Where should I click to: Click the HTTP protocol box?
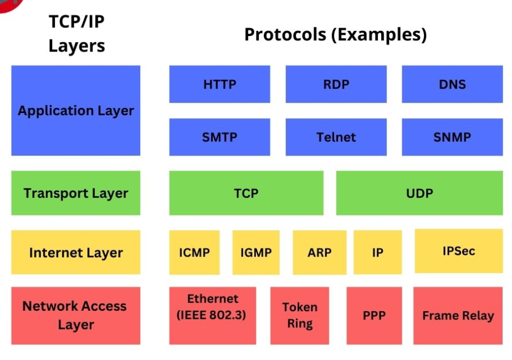click(x=219, y=84)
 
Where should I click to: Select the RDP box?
click(x=336, y=84)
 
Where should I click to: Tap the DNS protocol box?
click(x=452, y=84)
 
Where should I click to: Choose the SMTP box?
click(x=219, y=137)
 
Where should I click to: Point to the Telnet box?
click(x=336, y=137)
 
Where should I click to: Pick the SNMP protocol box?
click(x=452, y=137)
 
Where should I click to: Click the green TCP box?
click(x=246, y=193)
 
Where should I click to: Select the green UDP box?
click(x=419, y=193)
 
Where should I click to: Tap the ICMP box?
click(x=194, y=253)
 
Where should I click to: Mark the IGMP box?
click(x=255, y=253)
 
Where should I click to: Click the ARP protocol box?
click(x=320, y=253)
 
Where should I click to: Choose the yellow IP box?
click(x=377, y=253)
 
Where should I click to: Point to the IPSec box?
click(x=459, y=251)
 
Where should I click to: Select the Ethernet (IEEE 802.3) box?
click(x=212, y=315)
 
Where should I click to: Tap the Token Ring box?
click(x=299, y=315)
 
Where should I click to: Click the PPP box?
click(x=374, y=315)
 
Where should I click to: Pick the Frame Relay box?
click(x=458, y=315)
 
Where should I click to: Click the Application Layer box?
click(x=75, y=110)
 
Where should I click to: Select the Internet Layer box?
click(x=75, y=253)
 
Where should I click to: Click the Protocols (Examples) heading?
click(x=335, y=34)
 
